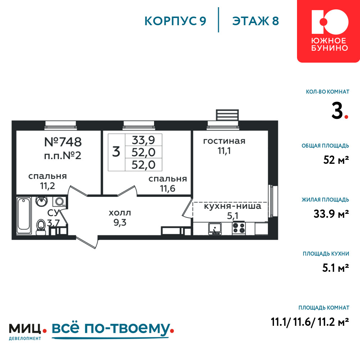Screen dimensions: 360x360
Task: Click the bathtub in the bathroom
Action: [x=24, y=215]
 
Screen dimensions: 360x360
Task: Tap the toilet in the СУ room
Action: [x=41, y=227]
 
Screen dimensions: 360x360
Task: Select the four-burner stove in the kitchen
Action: [x=239, y=228]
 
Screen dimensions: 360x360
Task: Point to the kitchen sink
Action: [x=215, y=229]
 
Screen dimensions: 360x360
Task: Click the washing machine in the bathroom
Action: [x=59, y=202]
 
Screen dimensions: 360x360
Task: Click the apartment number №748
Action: [x=63, y=142]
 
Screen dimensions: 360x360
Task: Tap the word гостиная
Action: [x=224, y=141]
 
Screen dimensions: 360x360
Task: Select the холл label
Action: [x=120, y=213]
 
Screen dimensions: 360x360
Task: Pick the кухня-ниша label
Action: [x=233, y=206]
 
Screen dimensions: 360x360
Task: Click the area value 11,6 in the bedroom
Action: [x=168, y=189]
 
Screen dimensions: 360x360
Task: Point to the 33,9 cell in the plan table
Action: [x=144, y=140]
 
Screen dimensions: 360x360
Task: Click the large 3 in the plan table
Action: [x=116, y=152]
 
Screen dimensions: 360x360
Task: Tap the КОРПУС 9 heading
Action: [x=175, y=21]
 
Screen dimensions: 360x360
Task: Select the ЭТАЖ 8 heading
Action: [x=256, y=21]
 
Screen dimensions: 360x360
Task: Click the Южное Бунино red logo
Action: [x=329, y=31]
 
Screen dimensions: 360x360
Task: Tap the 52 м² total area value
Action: [x=336, y=160]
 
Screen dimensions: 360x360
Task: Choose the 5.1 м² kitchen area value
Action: [x=336, y=268]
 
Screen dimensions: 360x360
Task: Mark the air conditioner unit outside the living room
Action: [x=227, y=115]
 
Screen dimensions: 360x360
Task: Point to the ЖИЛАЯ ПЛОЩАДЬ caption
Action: [x=325, y=200]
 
